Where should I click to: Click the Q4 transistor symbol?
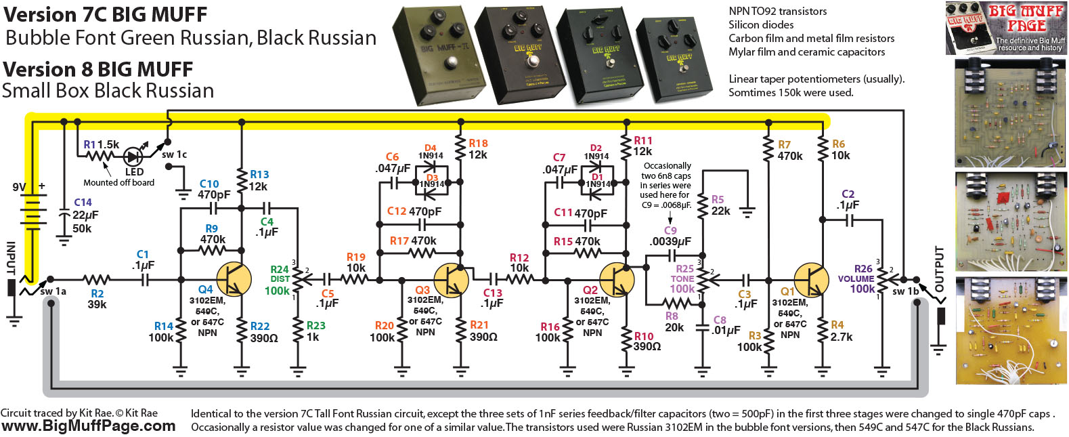(234, 279)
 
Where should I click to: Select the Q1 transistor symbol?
(811, 279)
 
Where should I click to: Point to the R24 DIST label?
(280, 274)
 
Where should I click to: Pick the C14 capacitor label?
(83, 203)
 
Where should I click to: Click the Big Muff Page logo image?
(1006, 28)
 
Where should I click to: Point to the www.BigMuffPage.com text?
(88, 426)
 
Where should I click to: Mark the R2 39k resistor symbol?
(97, 279)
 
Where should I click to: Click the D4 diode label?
(431, 148)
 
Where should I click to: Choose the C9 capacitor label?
(670, 230)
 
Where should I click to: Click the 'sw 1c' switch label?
(174, 154)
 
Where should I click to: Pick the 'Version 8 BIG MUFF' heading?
(98, 69)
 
